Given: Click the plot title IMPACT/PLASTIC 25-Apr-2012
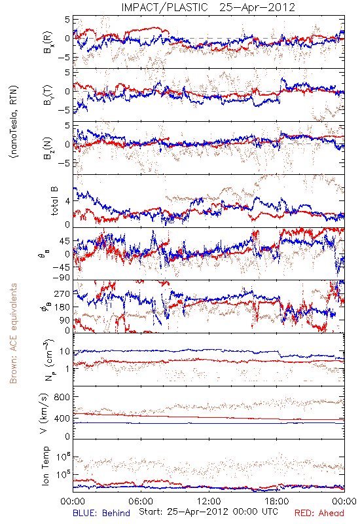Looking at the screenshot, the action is point(208,7).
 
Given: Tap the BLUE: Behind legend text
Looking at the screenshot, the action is point(101,514).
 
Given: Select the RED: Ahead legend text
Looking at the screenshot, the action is point(319,514).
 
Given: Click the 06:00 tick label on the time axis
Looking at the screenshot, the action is point(141,501).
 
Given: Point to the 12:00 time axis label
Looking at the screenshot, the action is point(209,501).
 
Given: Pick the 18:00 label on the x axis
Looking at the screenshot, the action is point(277,501).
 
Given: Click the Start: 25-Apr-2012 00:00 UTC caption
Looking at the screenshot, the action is point(208,512).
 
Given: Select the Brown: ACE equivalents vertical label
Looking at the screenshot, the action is point(13,333).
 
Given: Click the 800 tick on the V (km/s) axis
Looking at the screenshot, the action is point(62,397).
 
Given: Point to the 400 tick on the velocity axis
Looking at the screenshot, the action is point(62,418).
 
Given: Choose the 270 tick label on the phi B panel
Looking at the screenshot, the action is point(62,293).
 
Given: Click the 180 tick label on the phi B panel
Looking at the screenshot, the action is point(62,307).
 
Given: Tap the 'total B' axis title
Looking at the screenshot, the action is point(54,200).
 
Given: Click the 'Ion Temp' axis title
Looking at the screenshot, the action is point(45,466).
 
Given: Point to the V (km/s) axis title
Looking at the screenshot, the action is point(45,413).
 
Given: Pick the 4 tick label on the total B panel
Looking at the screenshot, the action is point(67,201).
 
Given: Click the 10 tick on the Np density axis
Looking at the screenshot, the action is point(64,352).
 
